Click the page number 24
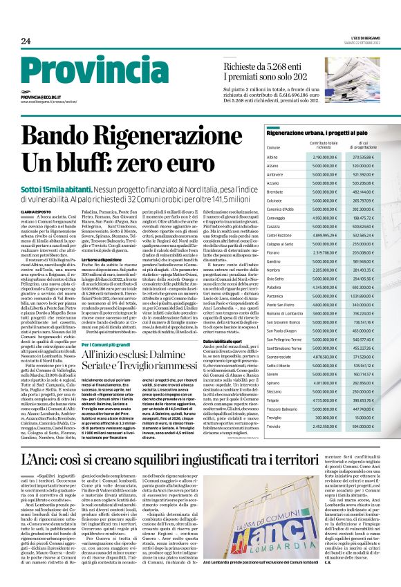click(x=26, y=41)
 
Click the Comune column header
click(x=254, y=148)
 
